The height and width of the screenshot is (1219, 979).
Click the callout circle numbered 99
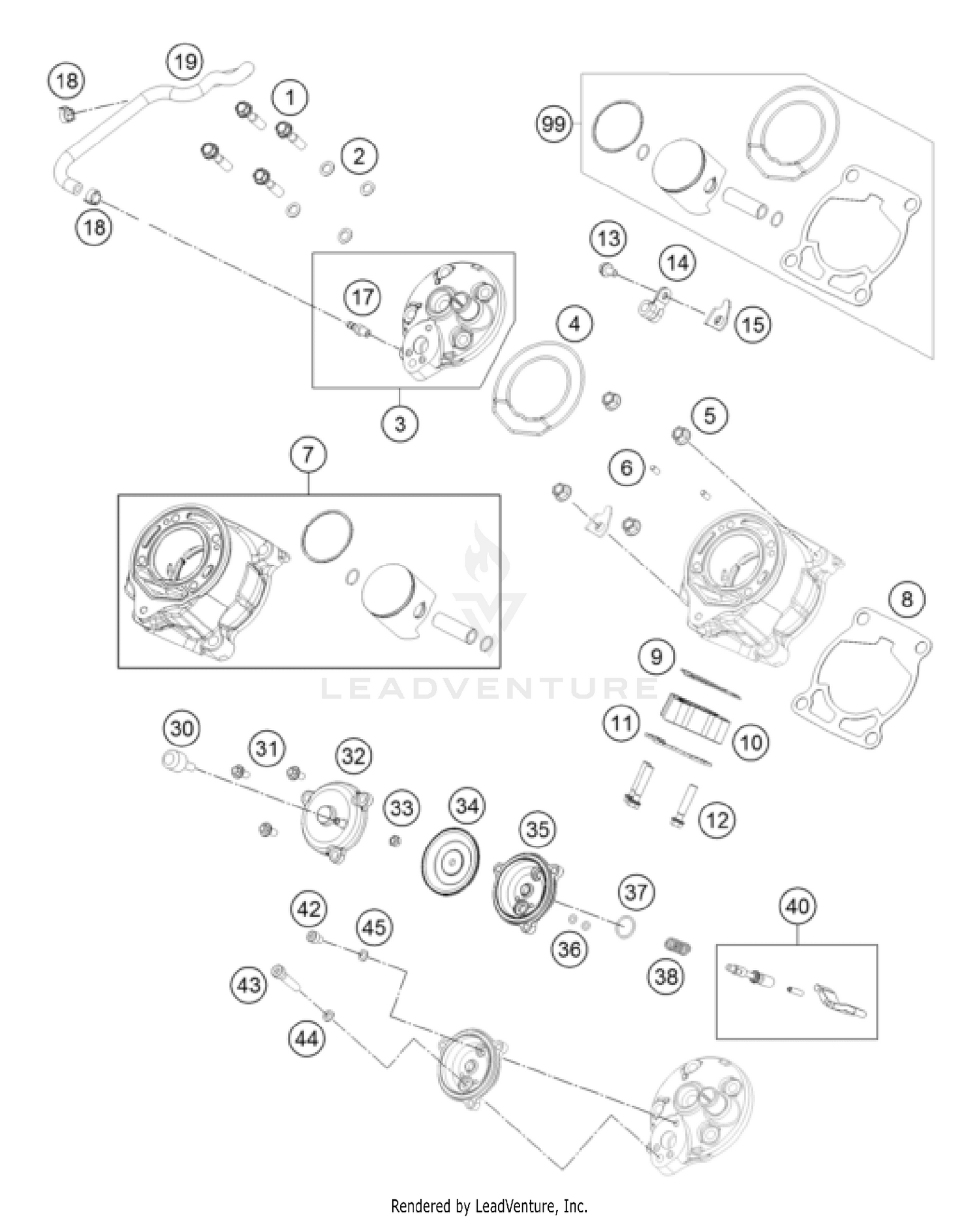click(x=553, y=123)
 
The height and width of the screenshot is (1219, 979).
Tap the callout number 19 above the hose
click(x=185, y=62)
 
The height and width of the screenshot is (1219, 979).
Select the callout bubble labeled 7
click(x=308, y=454)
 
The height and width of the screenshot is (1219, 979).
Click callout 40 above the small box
click(x=798, y=906)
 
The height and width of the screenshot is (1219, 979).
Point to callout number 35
click(x=538, y=829)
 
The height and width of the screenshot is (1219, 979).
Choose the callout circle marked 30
click(x=181, y=728)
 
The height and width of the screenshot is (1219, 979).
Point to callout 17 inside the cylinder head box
click(x=363, y=297)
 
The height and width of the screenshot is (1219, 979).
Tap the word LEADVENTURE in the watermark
click(x=489, y=688)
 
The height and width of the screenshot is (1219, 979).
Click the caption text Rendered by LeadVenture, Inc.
click(x=489, y=1205)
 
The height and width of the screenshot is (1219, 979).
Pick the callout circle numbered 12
click(x=717, y=820)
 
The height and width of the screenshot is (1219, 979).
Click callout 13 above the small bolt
click(x=609, y=238)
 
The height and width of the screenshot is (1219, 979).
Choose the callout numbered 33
click(x=401, y=808)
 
